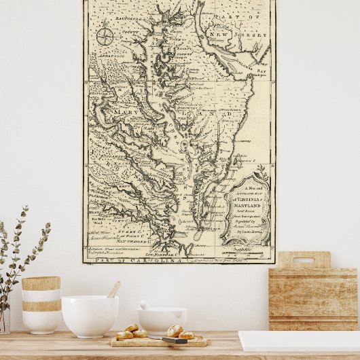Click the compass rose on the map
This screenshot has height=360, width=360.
[x=105, y=35]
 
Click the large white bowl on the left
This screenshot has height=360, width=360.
[x=90, y=316]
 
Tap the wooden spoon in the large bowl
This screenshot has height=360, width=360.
[x=113, y=291]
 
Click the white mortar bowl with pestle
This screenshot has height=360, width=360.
[x=162, y=319]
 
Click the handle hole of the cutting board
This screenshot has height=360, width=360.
[x=304, y=260]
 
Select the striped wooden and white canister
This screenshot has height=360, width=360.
[x=41, y=304]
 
